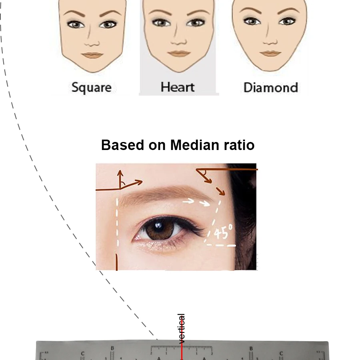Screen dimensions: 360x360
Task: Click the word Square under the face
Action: coord(91,87)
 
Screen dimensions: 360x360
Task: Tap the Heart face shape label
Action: coord(177,87)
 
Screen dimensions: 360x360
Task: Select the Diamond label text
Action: coord(271,87)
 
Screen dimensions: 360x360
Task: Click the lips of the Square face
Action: coord(92,55)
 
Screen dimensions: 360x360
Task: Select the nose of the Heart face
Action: coord(178,40)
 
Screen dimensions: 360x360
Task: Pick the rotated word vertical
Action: coord(182,329)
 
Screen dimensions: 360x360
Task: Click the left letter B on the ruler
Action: coord(112,348)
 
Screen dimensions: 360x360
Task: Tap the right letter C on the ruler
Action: coord(281,354)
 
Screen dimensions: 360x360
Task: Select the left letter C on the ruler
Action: coord(83,354)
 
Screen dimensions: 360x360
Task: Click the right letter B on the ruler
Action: coord(251,348)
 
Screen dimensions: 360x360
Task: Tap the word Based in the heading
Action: coord(122,145)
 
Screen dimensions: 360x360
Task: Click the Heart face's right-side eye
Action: coord(196,23)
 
